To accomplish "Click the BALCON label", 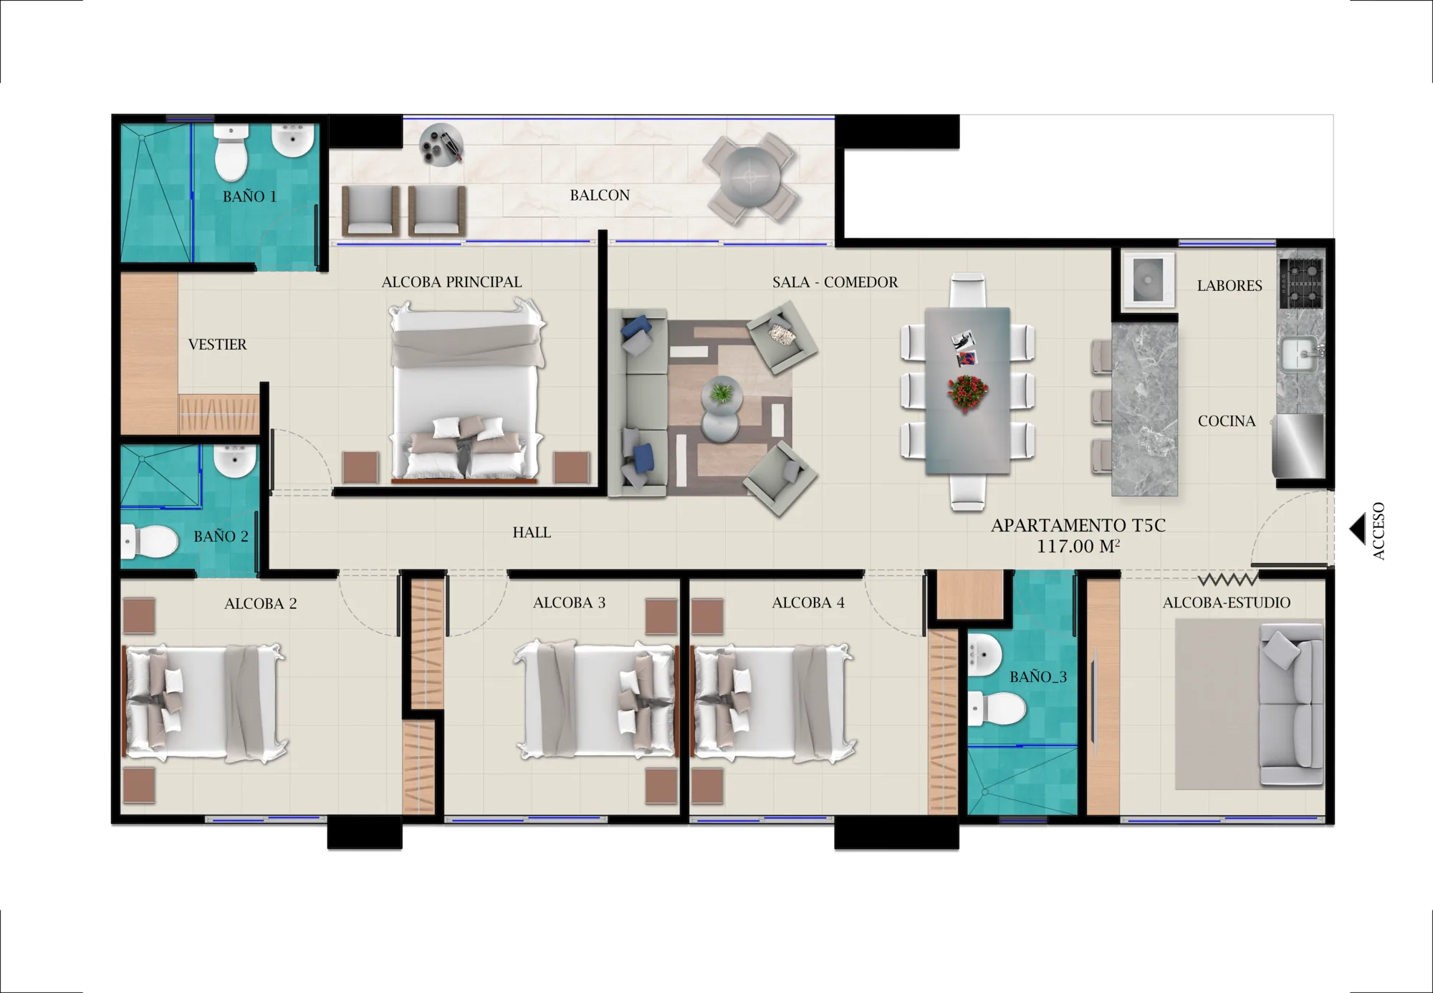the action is click(600, 195).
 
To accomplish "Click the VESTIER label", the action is click(217, 345).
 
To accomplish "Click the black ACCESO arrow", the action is click(1357, 529).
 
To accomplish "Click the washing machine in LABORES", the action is click(1149, 279).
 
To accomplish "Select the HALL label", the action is click(532, 532).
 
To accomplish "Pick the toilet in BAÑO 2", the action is click(150, 541).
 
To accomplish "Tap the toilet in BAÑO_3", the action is click(997, 709).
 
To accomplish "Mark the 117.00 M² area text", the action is click(1078, 547).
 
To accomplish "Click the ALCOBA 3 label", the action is click(569, 603).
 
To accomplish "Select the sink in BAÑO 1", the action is click(293, 140).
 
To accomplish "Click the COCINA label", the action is click(1227, 421).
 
